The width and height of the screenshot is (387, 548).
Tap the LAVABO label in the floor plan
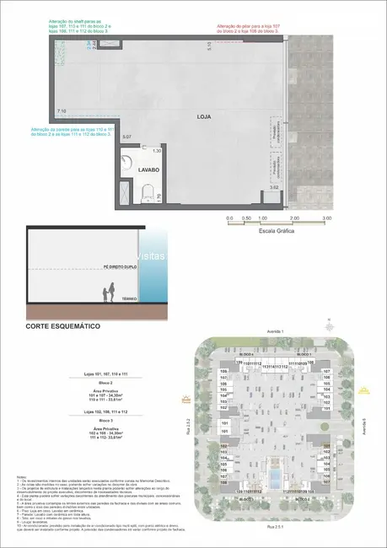[x=137, y=169]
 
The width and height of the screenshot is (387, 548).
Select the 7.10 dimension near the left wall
[x=61, y=110]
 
